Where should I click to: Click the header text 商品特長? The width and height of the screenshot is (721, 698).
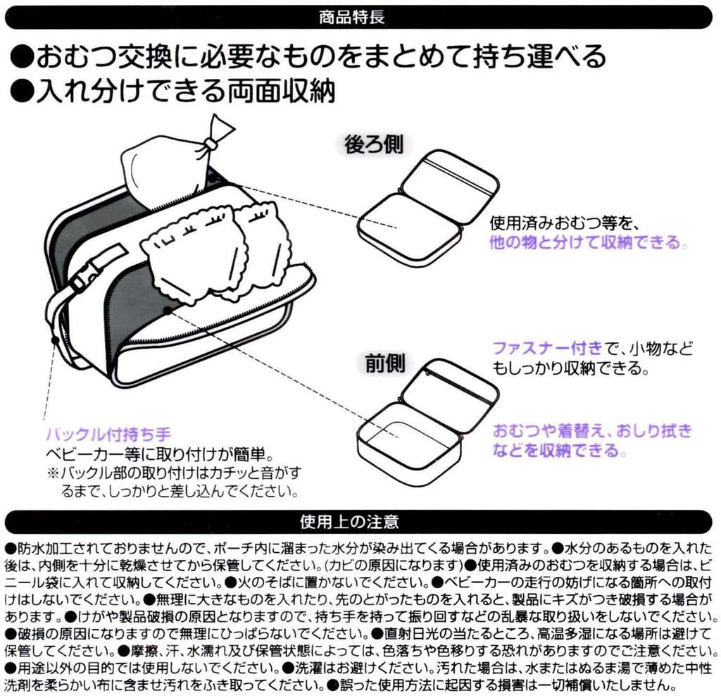tap(352, 18)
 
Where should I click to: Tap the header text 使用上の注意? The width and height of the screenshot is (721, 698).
tap(349, 522)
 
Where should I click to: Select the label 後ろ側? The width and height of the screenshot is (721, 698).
tap(374, 144)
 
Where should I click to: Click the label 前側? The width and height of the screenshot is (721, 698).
tap(385, 363)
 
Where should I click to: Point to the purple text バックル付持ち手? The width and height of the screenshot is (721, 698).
tap(108, 434)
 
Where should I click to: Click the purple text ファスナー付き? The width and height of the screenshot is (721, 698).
tap(547, 348)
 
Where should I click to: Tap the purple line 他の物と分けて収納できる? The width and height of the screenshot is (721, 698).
tap(588, 242)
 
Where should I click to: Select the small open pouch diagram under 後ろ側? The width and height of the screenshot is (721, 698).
tap(427, 208)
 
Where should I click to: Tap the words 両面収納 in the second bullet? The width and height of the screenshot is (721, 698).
tap(280, 91)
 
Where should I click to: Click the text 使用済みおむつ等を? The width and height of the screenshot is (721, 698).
tap(563, 223)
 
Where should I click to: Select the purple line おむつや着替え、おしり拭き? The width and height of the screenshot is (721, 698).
tap(592, 431)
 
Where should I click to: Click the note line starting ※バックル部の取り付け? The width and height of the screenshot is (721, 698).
tap(175, 473)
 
